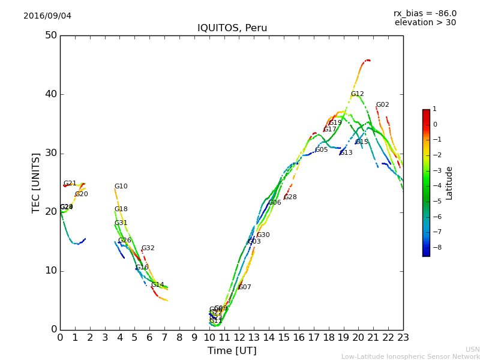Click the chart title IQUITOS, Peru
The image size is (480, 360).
pyautogui.click(x=232, y=28)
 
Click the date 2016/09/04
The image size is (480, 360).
pyautogui.click(x=47, y=16)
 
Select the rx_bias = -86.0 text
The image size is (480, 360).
pyautogui.click(x=425, y=13)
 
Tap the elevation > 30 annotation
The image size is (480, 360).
pyautogui.click(x=425, y=23)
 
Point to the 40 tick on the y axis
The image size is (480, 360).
pyautogui.click(x=51, y=94)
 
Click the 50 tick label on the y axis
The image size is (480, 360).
pyautogui.click(x=51, y=35)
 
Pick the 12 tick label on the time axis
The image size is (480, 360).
pyautogui.click(x=239, y=338)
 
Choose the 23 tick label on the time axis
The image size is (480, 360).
pyautogui.click(x=403, y=338)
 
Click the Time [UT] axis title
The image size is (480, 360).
pyautogui.click(x=232, y=350)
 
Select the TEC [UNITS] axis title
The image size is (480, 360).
pyautogui.click(x=36, y=182)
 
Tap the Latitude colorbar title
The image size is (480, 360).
pyautogui.click(x=449, y=183)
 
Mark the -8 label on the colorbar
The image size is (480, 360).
pyautogui.click(x=435, y=247)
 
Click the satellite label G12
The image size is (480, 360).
pyautogui.click(x=358, y=94)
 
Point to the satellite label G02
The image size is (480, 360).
pyautogui.click(x=383, y=105)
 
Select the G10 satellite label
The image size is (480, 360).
pyautogui.click(x=121, y=187)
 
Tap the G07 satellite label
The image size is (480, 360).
pyautogui.click(x=245, y=287)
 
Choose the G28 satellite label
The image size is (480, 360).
pyautogui.click(x=290, y=197)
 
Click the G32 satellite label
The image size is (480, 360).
pyautogui.click(x=148, y=248)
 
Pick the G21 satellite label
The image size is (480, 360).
pyautogui.click(x=70, y=184)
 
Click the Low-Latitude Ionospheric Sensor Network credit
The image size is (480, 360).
pyautogui.click(x=410, y=356)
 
